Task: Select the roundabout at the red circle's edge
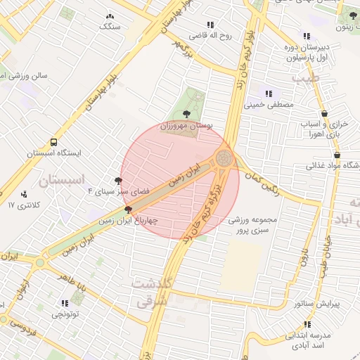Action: coord(224,158)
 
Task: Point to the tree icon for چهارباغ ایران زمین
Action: coord(128,209)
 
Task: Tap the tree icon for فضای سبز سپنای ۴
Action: coord(117,181)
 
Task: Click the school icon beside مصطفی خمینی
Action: coord(268,94)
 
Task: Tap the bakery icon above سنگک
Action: coord(110,16)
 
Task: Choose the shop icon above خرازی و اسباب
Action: coord(324,114)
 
